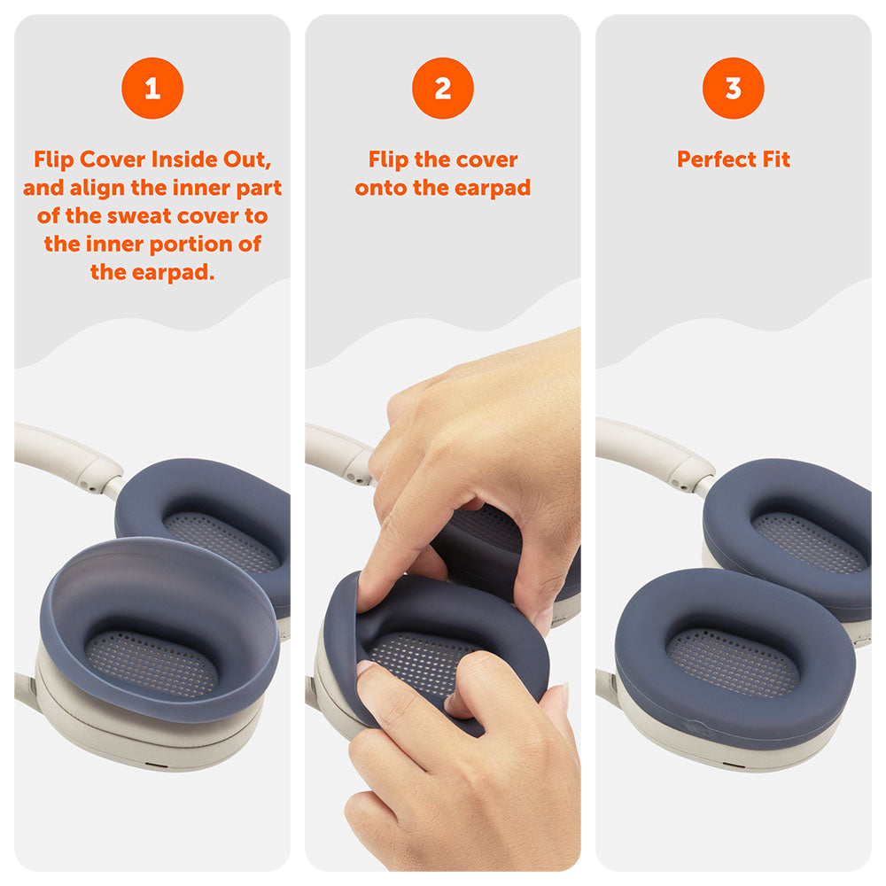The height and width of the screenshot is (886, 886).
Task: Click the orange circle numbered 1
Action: tap(152, 88)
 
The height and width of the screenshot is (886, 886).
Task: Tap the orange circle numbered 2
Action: tap(443, 88)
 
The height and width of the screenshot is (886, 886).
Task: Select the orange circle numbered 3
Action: tap(734, 88)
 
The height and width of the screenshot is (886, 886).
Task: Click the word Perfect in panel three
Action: tap(717, 159)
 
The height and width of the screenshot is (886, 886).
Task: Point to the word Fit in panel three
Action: tap(776, 159)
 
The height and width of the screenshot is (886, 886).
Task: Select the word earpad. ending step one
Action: tap(174, 272)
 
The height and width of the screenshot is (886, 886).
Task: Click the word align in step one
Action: tap(97, 188)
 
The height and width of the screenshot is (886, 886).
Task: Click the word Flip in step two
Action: tap(388, 159)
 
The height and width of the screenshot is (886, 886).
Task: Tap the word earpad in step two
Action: tap(492, 188)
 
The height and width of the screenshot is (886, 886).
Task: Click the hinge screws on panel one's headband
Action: tap(88, 485)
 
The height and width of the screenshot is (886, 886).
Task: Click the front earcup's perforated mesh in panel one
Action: tap(152, 664)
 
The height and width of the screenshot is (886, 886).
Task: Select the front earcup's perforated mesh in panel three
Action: tap(733, 662)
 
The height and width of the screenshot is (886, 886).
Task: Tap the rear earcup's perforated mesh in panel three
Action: tap(810, 542)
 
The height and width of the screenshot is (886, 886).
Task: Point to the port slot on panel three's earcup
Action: tap(734, 766)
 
